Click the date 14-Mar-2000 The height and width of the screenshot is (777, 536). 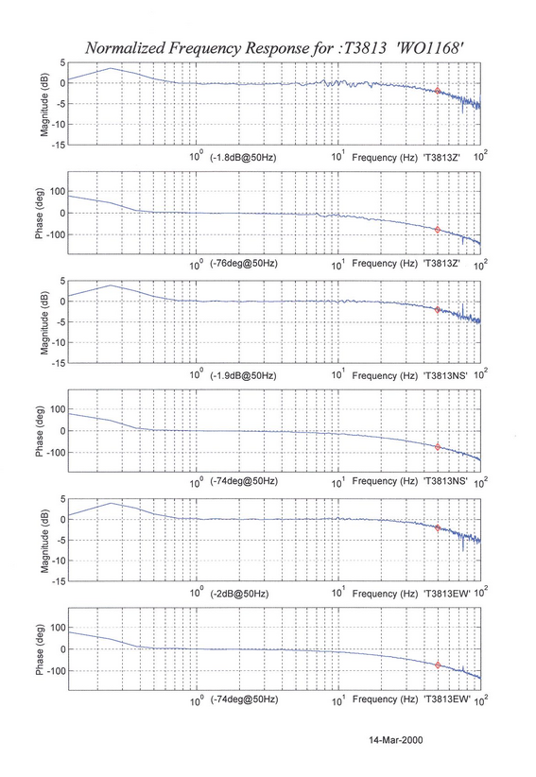[x=396, y=740]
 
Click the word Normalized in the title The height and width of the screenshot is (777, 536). [x=126, y=48]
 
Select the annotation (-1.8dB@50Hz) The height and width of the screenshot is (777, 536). [x=243, y=158]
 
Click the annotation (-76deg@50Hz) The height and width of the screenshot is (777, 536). [x=244, y=263]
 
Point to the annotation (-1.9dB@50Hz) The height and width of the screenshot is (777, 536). [x=243, y=375]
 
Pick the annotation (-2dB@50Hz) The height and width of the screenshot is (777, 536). [x=239, y=594]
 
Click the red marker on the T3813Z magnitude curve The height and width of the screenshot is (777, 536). [x=438, y=91]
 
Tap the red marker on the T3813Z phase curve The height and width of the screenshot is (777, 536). [x=438, y=230]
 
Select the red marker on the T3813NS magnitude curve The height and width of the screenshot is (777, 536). [x=438, y=310]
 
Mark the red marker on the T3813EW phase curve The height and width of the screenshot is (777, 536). [x=438, y=665]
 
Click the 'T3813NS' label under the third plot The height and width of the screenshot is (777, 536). [x=445, y=375]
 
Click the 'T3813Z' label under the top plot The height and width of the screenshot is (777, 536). [x=441, y=158]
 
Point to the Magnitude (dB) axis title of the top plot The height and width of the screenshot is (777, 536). [x=44, y=104]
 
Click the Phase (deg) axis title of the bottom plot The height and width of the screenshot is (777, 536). [x=40, y=649]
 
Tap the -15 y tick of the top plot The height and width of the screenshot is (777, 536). [x=59, y=146]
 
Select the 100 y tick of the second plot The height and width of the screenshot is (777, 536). [x=58, y=191]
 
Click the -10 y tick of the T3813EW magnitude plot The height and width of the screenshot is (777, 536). [x=59, y=561]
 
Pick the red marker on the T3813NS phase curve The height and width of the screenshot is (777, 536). [x=438, y=447]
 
